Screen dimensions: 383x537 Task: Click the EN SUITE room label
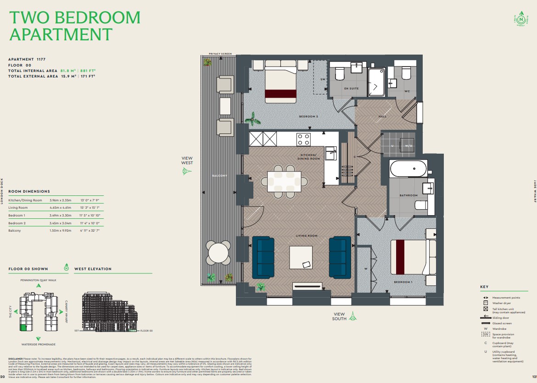[351, 88]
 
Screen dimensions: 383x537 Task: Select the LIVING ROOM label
[306, 236]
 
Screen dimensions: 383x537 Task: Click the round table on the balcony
[219, 252]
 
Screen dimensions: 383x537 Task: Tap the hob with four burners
[303, 139]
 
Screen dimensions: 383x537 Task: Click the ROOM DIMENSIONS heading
[29, 191]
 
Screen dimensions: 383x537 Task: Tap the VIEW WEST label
[187, 161]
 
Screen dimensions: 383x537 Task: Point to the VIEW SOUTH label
[340, 316]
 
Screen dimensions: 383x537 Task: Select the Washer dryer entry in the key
[502, 303]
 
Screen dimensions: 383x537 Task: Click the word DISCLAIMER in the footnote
[16, 358]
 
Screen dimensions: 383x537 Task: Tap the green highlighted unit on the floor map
[23, 328]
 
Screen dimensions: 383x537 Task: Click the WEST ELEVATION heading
[93, 269]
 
